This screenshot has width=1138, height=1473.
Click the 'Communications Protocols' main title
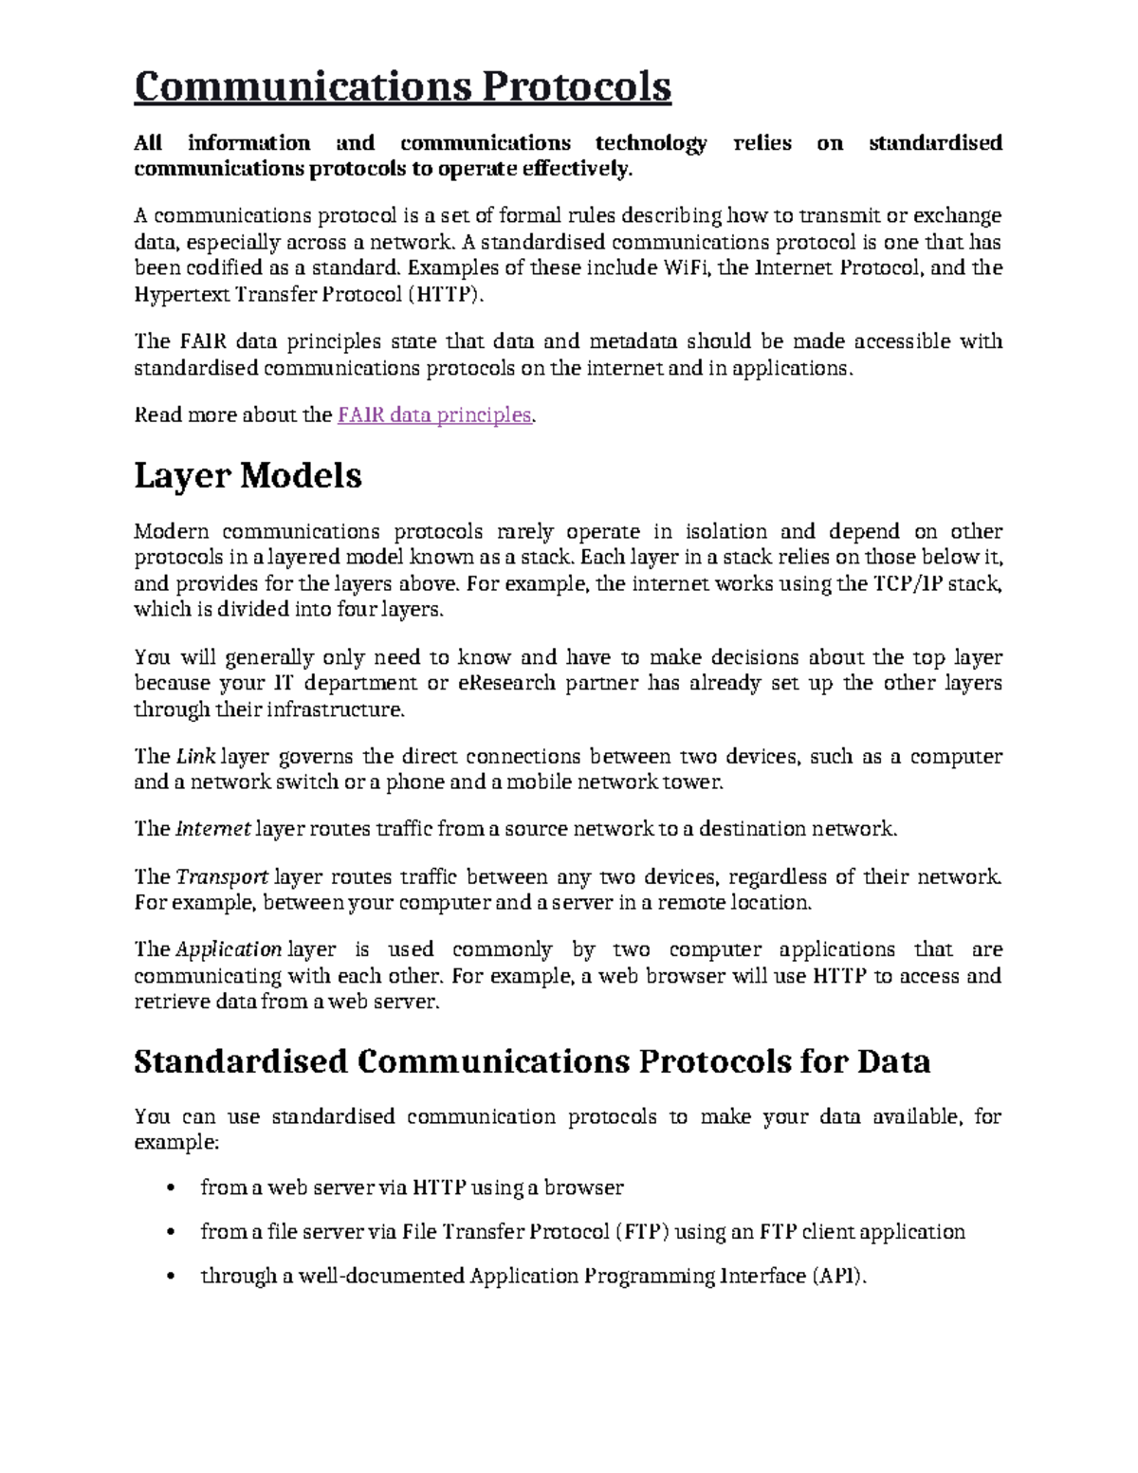click(402, 87)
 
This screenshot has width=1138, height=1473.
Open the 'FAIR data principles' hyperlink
click(434, 415)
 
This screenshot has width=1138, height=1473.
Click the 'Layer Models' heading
click(248, 475)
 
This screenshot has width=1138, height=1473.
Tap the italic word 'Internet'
click(213, 829)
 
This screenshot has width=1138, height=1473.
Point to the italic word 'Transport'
click(222, 877)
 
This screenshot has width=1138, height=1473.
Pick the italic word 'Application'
click(229, 949)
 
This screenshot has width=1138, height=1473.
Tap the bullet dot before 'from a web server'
click(171, 1188)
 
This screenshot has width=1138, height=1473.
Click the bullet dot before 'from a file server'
click(171, 1233)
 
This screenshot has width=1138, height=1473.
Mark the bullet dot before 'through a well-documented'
click(171, 1277)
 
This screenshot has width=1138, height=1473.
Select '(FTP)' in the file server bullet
click(643, 1232)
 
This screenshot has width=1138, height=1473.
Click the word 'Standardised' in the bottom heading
click(241, 1061)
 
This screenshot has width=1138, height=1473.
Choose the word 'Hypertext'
click(176, 295)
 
